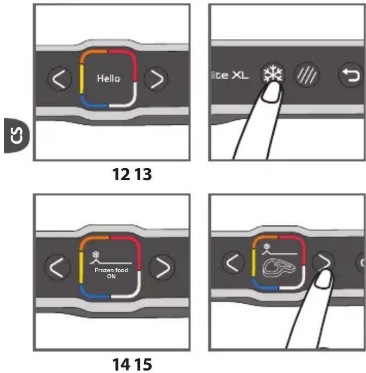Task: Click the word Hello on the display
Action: click(108, 78)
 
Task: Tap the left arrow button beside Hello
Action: click(60, 79)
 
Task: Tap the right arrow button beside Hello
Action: click(157, 79)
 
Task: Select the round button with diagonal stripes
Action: click(306, 75)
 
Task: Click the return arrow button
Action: click(351, 75)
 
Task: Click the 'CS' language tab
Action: click(17, 136)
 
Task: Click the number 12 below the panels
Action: click(121, 174)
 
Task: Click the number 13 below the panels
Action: click(143, 174)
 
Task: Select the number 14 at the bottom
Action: click(121, 364)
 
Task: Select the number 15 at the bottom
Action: click(143, 364)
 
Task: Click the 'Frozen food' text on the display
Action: click(111, 270)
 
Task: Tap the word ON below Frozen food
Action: click(111, 276)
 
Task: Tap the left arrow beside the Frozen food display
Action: click(57, 268)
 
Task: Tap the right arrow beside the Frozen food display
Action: click(162, 268)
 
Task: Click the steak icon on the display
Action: click(279, 268)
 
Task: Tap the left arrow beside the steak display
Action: click(233, 263)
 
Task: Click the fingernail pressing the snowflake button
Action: click(271, 93)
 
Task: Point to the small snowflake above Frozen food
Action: click(96, 255)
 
